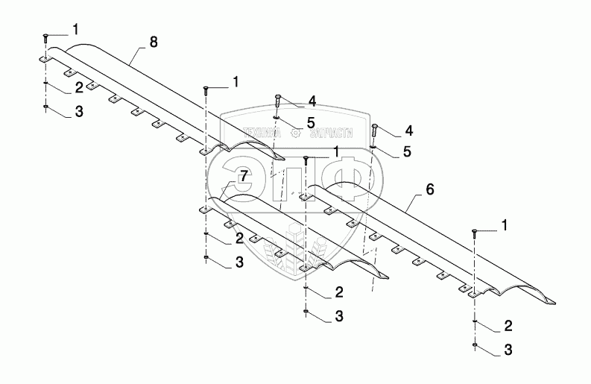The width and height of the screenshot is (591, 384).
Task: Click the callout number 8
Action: point(153,42)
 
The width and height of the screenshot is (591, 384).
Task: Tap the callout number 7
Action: point(242,176)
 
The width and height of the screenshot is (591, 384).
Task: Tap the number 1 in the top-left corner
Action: point(75,29)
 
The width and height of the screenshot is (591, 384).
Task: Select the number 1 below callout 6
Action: point(507,224)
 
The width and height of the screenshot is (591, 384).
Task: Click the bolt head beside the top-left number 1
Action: point(45,36)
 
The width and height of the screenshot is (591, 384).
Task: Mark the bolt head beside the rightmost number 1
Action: point(474,232)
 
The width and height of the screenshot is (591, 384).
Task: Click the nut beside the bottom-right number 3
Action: point(475,346)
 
